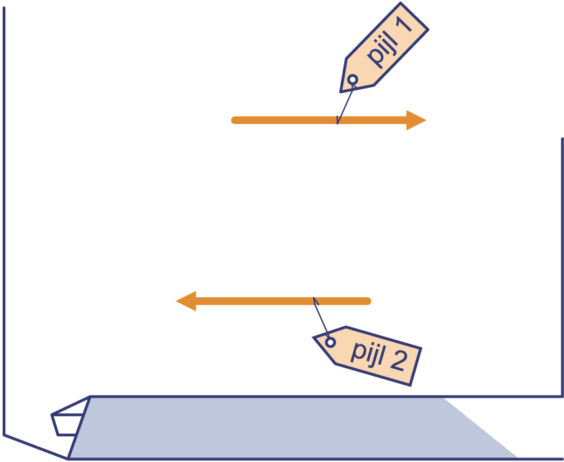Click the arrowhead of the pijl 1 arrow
pyautogui.click(x=418, y=120)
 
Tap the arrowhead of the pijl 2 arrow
pyautogui.click(x=186, y=301)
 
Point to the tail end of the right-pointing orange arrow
pyautogui.click(x=234, y=120)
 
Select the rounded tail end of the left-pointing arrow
pyautogui.click(x=368, y=301)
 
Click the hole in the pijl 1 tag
pyautogui.click(x=353, y=80)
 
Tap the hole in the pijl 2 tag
pyautogui.click(x=330, y=342)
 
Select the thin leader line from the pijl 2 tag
pyautogui.click(x=320, y=318)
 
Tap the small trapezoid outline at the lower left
pyautogui.click(x=67, y=423)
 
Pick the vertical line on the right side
pyautogui.click(x=562, y=262)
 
